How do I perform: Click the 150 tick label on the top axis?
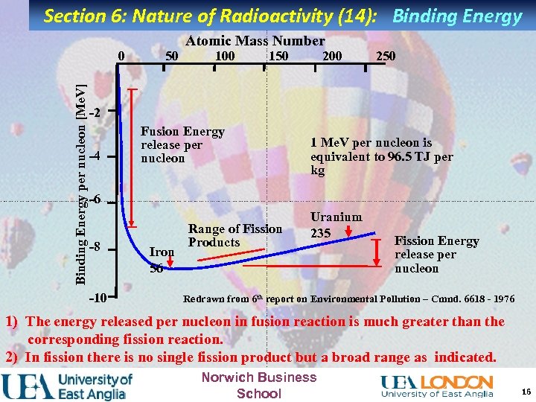point(278,57)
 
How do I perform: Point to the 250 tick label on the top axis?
point(385,57)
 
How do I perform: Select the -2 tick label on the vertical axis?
point(94,113)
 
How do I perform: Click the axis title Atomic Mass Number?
point(255,42)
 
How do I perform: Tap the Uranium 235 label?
point(336,224)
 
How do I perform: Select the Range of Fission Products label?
point(234,236)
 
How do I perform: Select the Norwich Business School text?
point(258,385)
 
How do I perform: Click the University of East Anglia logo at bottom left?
point(68,386)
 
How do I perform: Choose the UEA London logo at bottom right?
point(437,385)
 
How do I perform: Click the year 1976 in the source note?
point(500,299)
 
